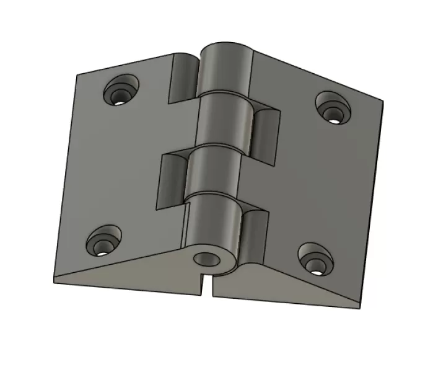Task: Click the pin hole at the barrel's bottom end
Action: (x=204, y=259)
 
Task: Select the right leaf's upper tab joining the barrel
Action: (x=263, y=130)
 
